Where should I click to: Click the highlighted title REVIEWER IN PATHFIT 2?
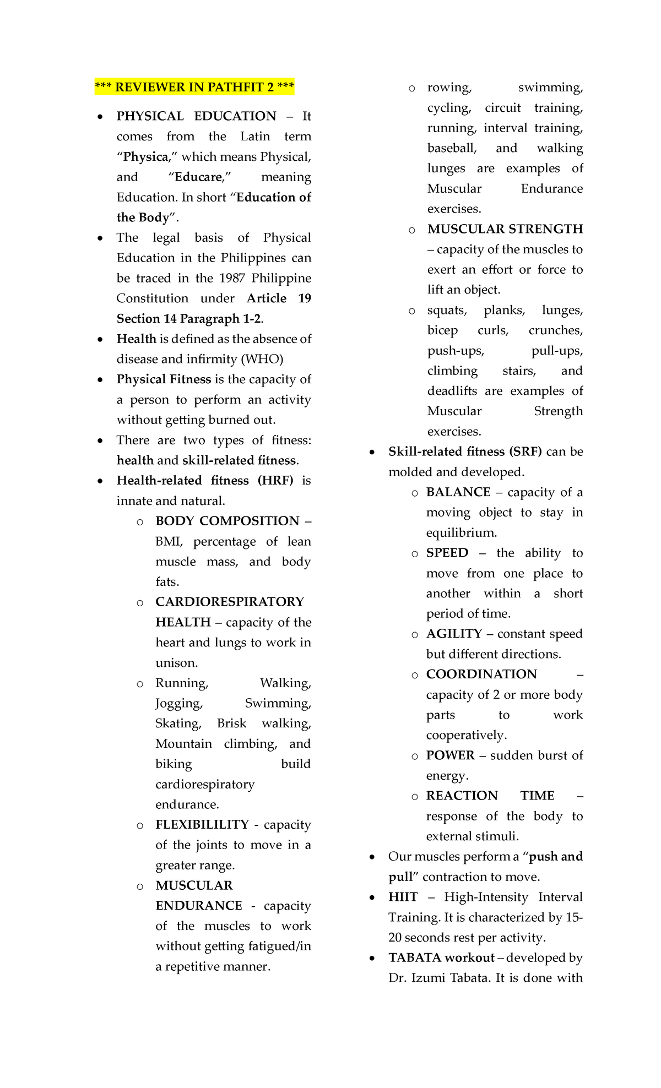pyautogui.click(x=194, y=87)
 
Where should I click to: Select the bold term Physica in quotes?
pyautogui.click(x=145, y=157)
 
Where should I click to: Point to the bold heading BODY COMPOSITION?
pyautogui.click(x=227, y=521)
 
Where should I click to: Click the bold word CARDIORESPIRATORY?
pyautogui.click(x=229, y=602)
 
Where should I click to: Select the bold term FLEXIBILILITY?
pyautogui.click(x=202, y=824)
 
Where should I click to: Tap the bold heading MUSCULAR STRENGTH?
pyautogui.click(x=505, y=229)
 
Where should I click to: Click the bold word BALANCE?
pyautogui.click(x=458, y=492)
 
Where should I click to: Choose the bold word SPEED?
pyautogui.click(x=447, y=553)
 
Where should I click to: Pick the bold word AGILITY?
pyautogui.click(x=454, y=634)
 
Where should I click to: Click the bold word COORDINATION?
pyautogui.click(x=481, y=674)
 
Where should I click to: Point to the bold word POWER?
pyautogui.click(x=450, y=755)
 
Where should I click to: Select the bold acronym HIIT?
pyautogui.click(x=403, y=897)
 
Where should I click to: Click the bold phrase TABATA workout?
pyautogui.click(x=441, y=958)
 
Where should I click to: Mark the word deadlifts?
pyautogui.click(x=452, y=391)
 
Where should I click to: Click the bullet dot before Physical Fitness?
pyautogui.click(x=100, y=380)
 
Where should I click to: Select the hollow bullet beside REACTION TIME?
pyautogui.click(x=414, y=797)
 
